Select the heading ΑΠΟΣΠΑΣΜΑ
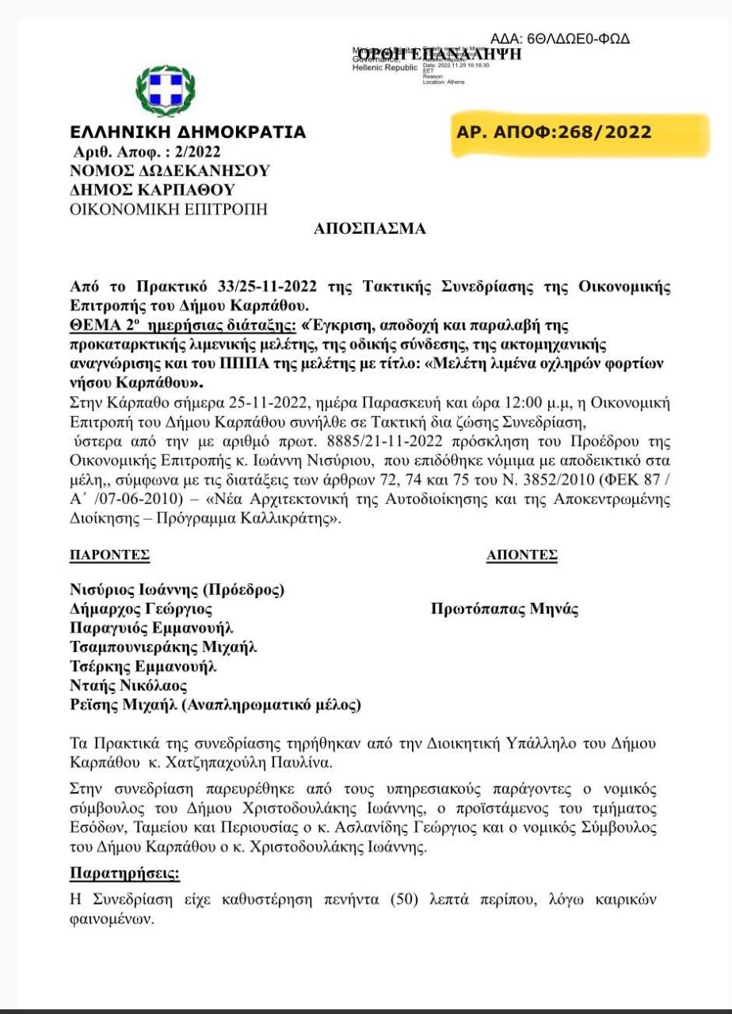370,229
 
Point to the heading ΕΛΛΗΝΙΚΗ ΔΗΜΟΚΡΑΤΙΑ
188,132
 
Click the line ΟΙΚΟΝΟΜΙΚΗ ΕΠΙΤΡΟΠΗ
169,209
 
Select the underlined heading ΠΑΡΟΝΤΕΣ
109,555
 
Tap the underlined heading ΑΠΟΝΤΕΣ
521,555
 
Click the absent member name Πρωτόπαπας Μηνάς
505,609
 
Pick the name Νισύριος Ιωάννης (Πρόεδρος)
177,589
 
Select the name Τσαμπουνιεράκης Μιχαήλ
163,647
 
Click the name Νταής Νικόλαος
128,685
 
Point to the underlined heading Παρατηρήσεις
125,875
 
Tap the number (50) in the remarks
408,902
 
